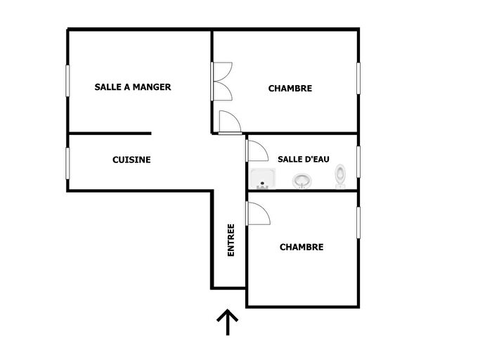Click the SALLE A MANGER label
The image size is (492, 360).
[133, 87]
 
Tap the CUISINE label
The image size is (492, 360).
[131, 160]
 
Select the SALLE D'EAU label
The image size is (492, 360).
[303, 160]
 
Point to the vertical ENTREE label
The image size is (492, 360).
[231, 240]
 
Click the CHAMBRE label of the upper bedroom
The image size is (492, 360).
[290, 89]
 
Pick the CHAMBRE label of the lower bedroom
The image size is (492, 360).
[301, 247]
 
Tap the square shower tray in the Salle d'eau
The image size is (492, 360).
[263, 180]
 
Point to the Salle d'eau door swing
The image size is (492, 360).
[256, 150]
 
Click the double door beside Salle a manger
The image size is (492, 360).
[221, 82]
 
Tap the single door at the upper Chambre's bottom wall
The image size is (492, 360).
[229, 122]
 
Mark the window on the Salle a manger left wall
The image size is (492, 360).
[68, 86]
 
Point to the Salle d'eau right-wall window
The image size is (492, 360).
[358, 162]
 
